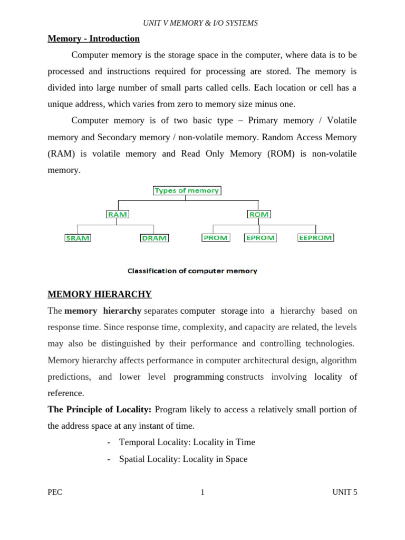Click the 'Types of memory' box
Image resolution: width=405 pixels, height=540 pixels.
click(187, 190)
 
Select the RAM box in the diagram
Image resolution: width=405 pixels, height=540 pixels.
click(117, 214)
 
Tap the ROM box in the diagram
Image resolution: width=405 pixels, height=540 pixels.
click(258, 214)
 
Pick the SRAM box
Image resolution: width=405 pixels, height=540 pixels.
click(78, 238)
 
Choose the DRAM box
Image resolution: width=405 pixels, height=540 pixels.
click(155, 238)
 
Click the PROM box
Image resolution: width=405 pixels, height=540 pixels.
click(216, 238)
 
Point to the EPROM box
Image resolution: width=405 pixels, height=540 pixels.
click(261, 238)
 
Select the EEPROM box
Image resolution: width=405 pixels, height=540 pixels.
click(315, 238)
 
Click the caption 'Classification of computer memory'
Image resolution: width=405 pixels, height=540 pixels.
click(192, 271)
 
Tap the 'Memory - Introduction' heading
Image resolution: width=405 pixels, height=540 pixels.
click(93, 38)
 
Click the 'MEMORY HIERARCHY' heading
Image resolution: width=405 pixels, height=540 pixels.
click(100, 294)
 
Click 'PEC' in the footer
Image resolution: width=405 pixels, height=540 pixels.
click(55, 493)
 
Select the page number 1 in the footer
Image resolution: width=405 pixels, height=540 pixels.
click(202, 493)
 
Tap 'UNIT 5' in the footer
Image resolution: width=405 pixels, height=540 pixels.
click(344, 493)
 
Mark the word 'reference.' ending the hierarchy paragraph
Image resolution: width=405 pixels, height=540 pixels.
click(66, 393)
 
